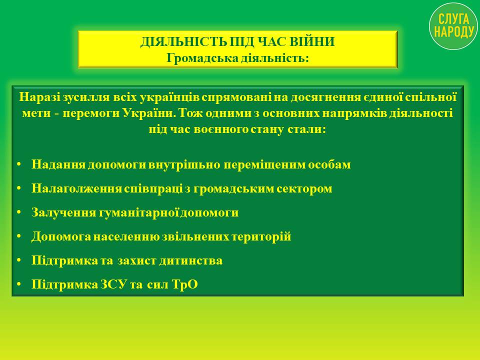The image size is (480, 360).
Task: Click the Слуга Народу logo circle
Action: coord(453,26)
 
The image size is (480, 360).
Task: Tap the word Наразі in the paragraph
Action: coord(40,97)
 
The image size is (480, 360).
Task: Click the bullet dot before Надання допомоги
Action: coord(19,164)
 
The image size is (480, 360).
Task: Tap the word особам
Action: coord(329,164)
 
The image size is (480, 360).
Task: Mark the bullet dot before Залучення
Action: coord(19,212)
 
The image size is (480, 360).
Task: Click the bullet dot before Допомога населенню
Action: coord(19,236)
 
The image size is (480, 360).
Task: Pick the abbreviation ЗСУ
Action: coord(113,284)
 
